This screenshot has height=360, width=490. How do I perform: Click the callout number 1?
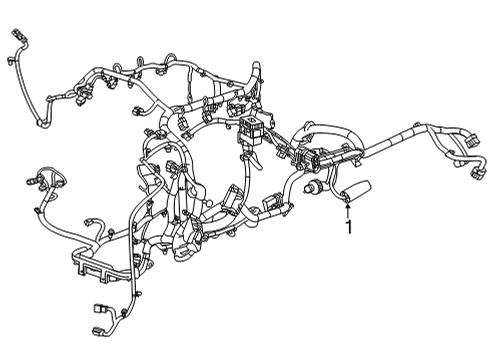coord(349,228)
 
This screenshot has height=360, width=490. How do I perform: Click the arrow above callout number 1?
coord(347,208)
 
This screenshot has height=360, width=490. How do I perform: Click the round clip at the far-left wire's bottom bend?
coord(43,122)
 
